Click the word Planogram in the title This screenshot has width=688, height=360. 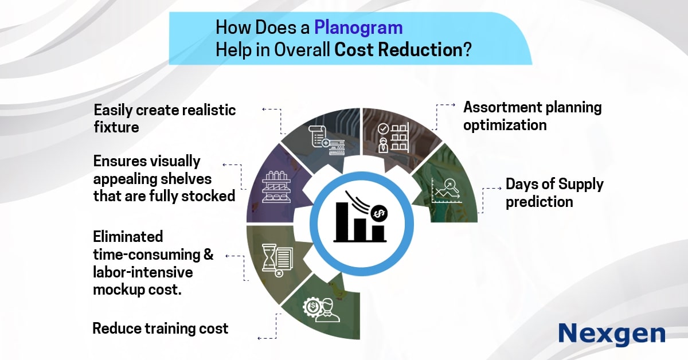[358, 28]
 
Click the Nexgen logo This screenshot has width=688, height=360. [612, 334]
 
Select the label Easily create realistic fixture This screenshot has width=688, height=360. [165, 119]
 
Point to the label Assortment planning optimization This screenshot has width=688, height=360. [532, 116]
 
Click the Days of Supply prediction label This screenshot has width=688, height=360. [554, 193]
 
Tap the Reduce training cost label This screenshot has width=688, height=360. [161, 328]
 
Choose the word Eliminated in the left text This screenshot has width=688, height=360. [128, 237]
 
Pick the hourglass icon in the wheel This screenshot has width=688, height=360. [268, 257]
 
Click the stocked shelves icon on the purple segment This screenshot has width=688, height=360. [276, 187]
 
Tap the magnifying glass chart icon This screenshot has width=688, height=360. [447, 191]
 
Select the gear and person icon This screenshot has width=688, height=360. [321, 310]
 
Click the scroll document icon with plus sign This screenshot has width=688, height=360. [326, 140]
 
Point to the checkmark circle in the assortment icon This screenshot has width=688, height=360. [383, 129]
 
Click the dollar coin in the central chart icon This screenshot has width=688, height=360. [379, 213]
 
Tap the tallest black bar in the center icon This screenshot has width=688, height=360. [342, 221]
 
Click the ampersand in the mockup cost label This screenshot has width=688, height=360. [208, 255]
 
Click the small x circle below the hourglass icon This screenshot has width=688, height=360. [279, 273]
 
